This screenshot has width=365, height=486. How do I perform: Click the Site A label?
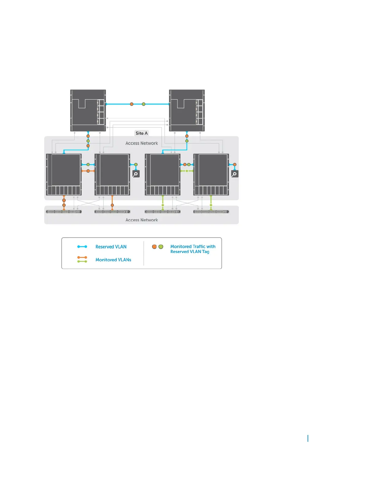142,133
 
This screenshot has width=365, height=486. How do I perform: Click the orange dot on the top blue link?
132,104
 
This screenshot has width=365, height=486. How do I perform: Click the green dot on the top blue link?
143,104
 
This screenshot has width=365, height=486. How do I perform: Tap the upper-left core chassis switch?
88,110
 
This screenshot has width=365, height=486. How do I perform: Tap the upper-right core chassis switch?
187,110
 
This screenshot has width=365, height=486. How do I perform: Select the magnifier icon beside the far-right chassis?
235,174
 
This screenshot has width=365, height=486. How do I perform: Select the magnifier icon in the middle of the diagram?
136,174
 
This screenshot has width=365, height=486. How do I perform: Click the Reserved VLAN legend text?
111,247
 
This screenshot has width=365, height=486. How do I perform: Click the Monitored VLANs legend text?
113,260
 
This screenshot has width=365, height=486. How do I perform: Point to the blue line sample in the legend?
82,247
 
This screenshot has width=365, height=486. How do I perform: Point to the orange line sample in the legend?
82,257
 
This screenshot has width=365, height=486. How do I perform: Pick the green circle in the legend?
161,247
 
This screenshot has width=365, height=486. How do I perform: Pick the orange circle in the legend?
154,247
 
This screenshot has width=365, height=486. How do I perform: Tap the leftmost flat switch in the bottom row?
64,211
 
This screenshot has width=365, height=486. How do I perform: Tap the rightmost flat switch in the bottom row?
211,211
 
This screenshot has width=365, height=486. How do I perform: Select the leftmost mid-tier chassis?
64,174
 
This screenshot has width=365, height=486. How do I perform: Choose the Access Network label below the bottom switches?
142,220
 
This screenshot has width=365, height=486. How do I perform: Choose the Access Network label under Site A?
142,143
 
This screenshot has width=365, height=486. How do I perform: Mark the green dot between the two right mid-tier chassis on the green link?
187,171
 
